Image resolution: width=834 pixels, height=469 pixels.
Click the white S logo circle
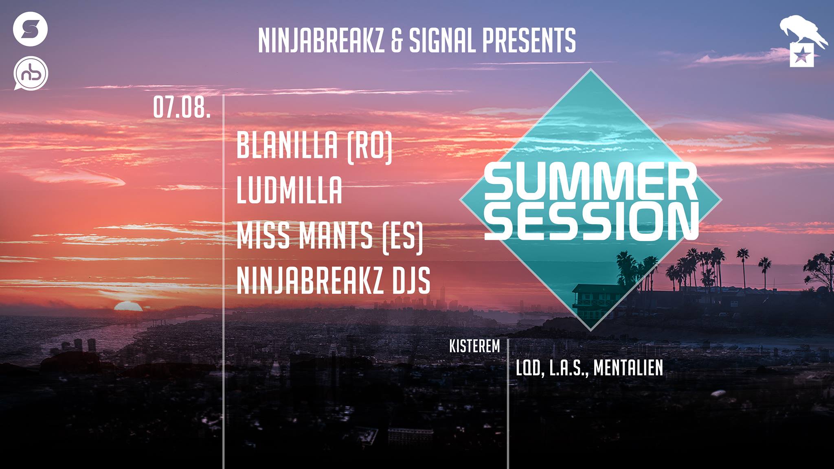coord(31,29)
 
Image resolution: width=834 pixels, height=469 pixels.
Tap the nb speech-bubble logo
coord(31,73)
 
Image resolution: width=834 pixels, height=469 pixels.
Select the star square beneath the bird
coord(802,55)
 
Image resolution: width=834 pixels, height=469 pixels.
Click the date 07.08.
coord(182,108)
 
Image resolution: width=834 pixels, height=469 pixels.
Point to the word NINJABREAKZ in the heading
coord(321,40)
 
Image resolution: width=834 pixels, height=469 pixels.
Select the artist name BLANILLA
coord(288,145)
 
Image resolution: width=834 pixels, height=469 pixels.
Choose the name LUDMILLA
coord(290,190)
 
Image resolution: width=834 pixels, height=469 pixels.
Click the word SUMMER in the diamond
coord(591,182)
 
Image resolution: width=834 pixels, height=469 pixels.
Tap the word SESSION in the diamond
coord(591,221)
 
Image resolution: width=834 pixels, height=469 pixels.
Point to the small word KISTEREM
coord(474,346)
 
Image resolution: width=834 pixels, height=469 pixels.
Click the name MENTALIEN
coord(628,368)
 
